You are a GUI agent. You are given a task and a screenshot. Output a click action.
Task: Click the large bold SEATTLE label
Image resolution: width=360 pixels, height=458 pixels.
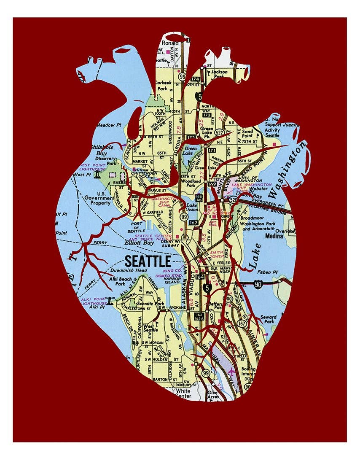(x=148, y=261)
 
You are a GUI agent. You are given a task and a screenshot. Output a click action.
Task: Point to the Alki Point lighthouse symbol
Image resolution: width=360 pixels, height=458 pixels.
(x=110, y=301)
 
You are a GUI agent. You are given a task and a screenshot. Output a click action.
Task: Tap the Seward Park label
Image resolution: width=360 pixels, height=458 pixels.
(x=268, y=320)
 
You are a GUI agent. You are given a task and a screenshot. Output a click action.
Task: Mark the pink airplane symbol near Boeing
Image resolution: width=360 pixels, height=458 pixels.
(x=231, y=372)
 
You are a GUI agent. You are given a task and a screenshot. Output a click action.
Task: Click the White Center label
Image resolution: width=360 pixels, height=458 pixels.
(x=183, y=393)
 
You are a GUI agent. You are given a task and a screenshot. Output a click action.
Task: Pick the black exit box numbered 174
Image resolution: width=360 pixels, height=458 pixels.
(x=195, y=79)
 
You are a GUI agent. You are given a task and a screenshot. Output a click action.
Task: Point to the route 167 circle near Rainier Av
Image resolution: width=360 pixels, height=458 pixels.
(x=242, y=323)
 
